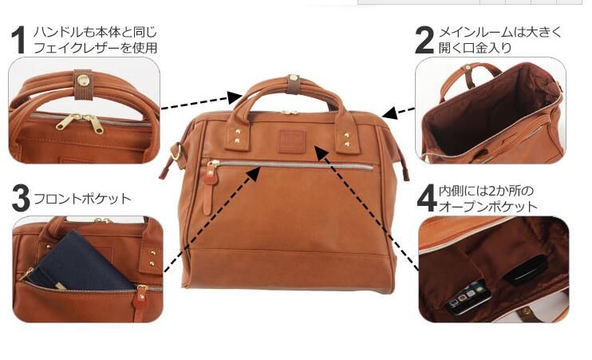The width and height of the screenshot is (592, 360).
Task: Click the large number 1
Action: (20, 41)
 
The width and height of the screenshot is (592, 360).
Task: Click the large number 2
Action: (425, 40)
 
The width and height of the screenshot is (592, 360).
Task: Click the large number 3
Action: (21, 199)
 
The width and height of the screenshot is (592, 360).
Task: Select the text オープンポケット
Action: (487, 207)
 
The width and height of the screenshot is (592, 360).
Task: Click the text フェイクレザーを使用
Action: (95, 47)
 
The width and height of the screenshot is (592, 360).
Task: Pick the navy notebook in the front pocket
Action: (80, 259)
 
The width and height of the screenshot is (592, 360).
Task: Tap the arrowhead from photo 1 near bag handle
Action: (235, 98)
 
